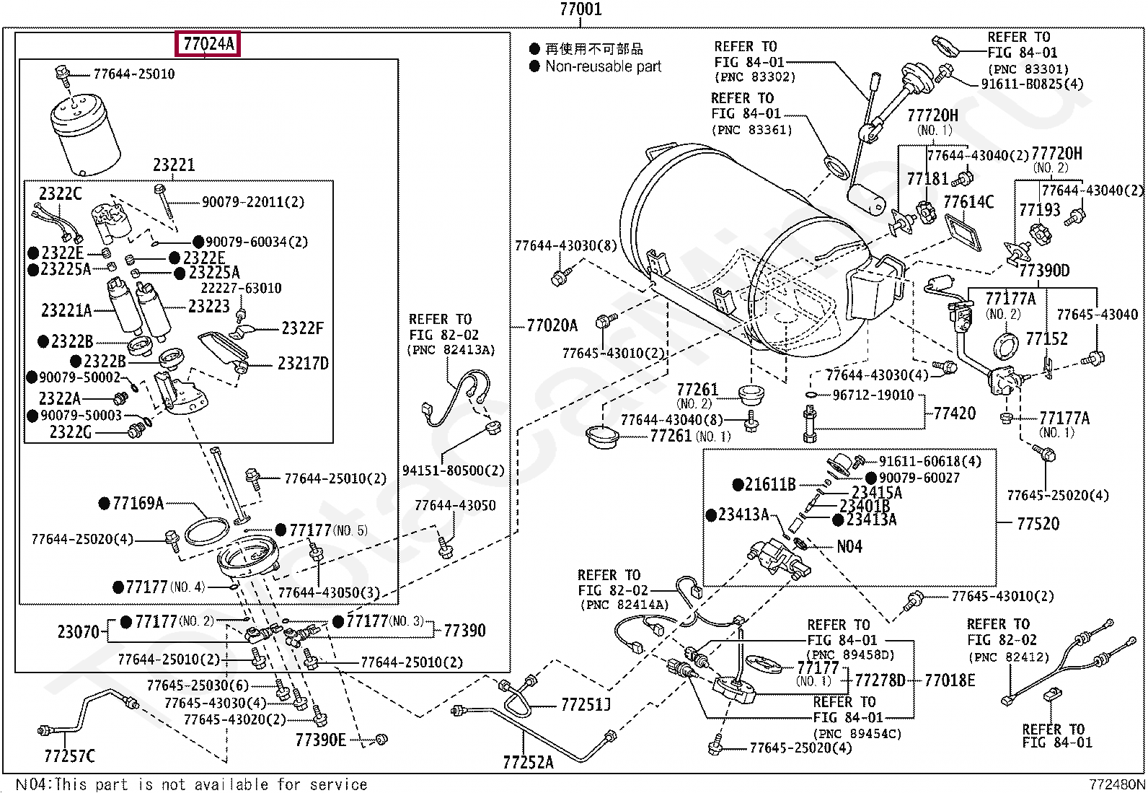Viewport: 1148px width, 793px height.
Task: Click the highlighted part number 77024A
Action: [208, 44]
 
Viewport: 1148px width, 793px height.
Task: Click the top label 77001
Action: [580, 9]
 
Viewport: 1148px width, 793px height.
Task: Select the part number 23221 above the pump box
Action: [173, 165]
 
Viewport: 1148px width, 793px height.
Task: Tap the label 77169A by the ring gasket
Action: [137, 503]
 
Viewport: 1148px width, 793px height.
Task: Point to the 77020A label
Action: [552, 326]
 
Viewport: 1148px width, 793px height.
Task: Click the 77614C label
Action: [968, 201]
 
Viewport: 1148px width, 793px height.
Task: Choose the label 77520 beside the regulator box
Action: [1038, 523]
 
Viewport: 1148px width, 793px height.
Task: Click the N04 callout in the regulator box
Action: [849, 546]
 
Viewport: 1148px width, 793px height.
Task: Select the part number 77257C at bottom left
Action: [69, 756]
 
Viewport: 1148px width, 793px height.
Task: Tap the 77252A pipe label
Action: [528, 761]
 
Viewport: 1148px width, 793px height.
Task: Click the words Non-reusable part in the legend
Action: [603, 66]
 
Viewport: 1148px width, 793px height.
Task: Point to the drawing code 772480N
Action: [1116, 784]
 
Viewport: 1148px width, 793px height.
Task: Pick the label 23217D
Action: [303, 364]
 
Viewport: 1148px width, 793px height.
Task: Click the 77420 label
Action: [954, 413]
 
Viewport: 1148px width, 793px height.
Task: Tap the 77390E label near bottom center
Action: [320, 740]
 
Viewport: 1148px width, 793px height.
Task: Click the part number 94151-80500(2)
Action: [453, 470]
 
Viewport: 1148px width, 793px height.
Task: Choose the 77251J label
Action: [586, 704]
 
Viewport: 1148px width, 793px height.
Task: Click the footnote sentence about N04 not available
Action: [191, 784]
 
